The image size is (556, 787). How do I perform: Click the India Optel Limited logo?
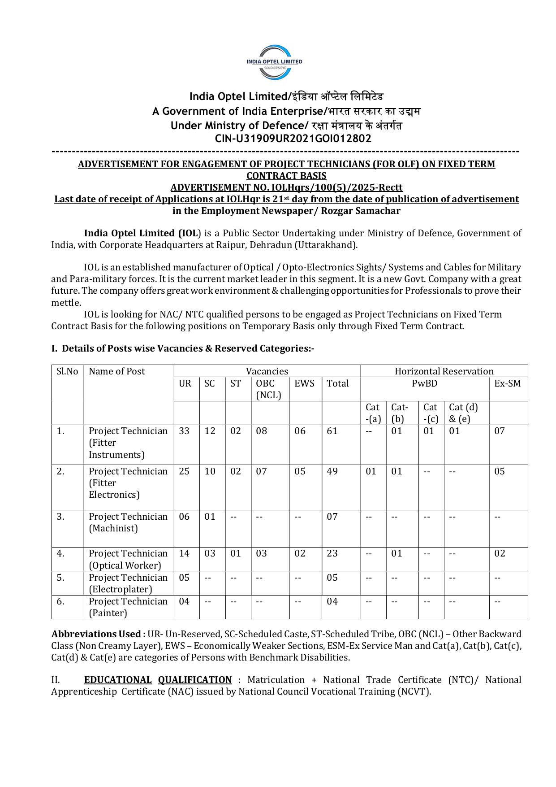pos(274,62)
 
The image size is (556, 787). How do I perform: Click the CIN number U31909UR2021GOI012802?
pos(293,139)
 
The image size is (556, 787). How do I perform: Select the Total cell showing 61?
pos(332,431)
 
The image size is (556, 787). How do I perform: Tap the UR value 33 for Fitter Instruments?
pos(184,431)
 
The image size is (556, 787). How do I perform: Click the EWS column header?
pos(305,383)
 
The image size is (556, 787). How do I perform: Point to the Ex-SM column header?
pos(507,383)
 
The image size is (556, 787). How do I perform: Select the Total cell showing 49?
pos(332,471)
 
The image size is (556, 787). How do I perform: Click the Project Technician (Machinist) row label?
pos(128,522)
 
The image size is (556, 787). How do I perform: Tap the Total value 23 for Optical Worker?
pos(332,553)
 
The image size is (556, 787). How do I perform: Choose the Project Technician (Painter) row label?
pos(128,607)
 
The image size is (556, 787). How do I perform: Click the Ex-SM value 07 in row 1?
pos(500,431)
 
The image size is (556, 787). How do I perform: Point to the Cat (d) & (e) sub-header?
pos(463,413)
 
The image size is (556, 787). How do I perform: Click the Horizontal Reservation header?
pos(444,371)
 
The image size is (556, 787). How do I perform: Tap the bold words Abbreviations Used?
pos(98,634)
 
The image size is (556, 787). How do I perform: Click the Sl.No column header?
pos(67,371)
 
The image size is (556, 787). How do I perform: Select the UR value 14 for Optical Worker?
pos(184,553)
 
